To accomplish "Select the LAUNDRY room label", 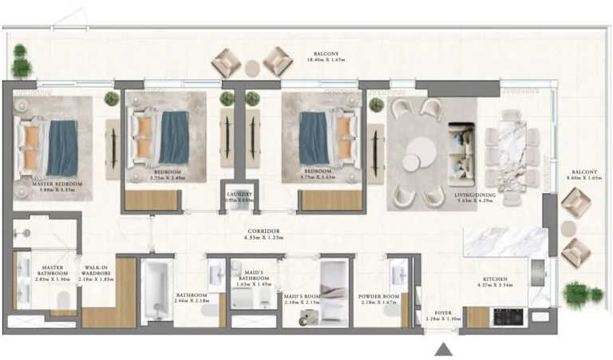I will pyautogui.click(x=239, y=194).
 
